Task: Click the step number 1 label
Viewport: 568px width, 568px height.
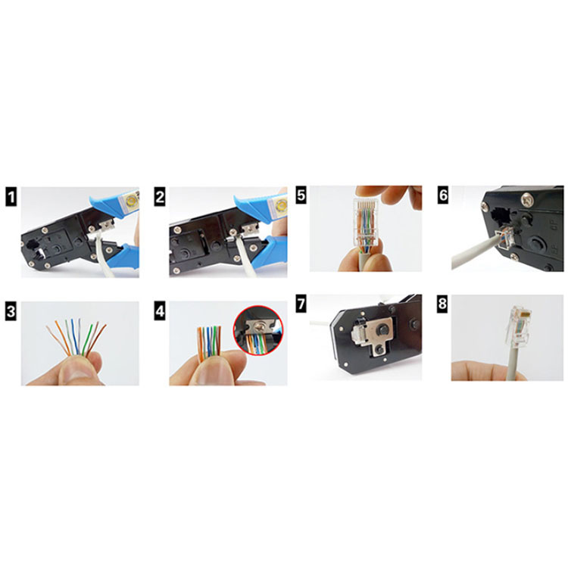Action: pos(11,197)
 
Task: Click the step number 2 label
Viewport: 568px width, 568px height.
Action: pos(159,197)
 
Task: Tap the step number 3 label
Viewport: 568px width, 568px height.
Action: pos(11,311)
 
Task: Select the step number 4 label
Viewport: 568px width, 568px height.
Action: pos(159,311)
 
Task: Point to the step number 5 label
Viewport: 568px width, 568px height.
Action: pos(301,195)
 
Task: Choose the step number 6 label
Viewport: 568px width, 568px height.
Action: pos(443,195)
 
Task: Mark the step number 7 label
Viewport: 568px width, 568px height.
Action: pos(301,304)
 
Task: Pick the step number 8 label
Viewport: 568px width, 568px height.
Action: pos(443,304)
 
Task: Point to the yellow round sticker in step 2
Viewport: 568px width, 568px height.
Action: pos(279,205)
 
